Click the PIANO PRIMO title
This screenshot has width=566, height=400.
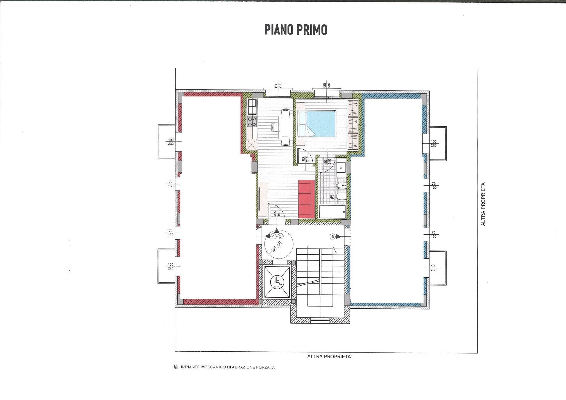coord(295,30)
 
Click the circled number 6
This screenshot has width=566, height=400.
coord(333,236)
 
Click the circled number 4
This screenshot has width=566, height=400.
coord(273,236)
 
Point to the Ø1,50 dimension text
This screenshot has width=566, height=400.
coord(277,247)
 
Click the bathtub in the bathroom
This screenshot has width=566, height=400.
coord(332,212)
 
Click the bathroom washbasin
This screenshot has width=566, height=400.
coord(341,167)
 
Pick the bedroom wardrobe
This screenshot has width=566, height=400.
coord(353,125)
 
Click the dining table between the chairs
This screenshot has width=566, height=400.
coord(285,127)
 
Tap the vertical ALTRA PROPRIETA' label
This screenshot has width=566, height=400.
coord(483,204)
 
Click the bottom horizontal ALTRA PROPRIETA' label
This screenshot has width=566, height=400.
coord(329,357)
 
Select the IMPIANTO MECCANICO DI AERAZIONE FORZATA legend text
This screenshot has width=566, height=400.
coord(228,367)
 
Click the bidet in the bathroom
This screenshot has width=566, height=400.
coord(340,186)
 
